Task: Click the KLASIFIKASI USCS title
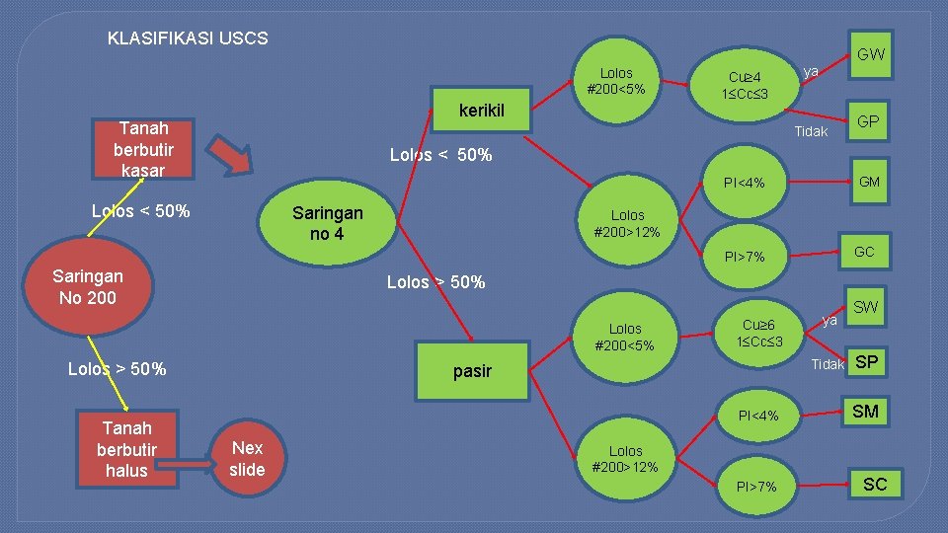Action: (188, 38)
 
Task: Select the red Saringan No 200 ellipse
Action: (88, 286)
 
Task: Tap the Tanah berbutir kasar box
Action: (143, 149)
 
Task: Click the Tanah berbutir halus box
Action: (125, 450)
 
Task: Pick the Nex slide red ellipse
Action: (247, 459)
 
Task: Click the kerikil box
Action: (482, 111)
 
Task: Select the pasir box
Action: (471, 370)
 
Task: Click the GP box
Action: (868, 121)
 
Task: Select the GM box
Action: (869, 182)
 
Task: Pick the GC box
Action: (864, 253)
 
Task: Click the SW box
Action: (865, 308)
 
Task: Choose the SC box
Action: (875, 484)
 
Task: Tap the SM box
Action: (865, 412)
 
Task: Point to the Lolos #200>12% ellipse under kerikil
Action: (627, 223)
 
